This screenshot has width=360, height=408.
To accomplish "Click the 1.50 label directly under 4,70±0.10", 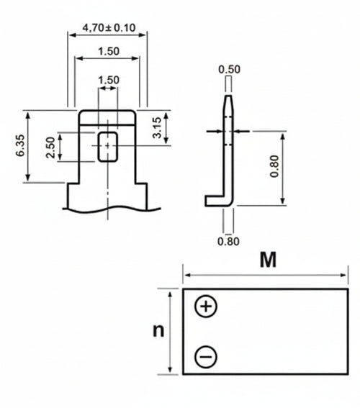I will (107, 52).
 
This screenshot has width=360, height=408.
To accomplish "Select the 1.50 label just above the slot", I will (107, 79).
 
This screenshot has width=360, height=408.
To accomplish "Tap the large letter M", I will (268, 260).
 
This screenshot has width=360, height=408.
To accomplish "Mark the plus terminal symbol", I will (206, 307).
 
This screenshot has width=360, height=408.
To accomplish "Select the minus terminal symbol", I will (206, 355).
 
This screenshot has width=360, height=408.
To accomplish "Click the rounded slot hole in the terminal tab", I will (107, 145).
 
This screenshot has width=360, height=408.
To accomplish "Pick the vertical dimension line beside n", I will (171, 331).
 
